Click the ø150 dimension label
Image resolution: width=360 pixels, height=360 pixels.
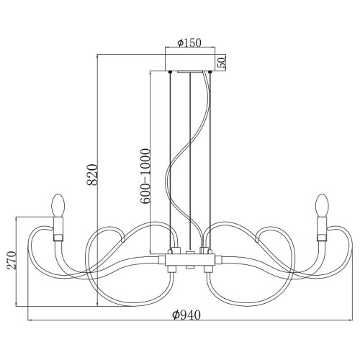[x=189, y=42]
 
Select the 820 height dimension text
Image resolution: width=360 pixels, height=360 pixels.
[x=92, y=175]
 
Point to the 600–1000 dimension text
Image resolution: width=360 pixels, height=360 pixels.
[x=145, y=176]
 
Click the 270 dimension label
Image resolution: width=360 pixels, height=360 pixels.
[x=12, y=260]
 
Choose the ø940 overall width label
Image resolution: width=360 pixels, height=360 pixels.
[x=186, y=315]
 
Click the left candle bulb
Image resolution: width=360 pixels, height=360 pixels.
[x=58, y=205]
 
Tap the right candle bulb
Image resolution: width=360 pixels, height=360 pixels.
[x=322, y=205]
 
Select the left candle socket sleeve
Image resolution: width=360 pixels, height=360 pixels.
[x=58, y=229]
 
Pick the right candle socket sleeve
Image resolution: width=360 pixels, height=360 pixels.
[x=322, y=229]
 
